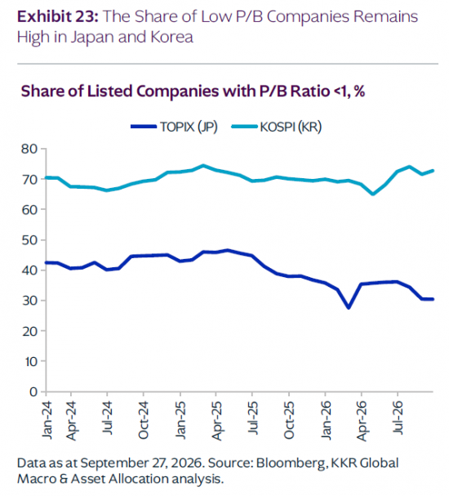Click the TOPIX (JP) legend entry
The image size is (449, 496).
point(175,127)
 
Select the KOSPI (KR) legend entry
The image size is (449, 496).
point(277,127)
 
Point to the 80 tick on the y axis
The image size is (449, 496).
point(29,149)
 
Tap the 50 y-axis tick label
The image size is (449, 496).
point(29,240)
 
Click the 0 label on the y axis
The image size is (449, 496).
point(33,392)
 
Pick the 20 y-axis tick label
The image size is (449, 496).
point(29,331)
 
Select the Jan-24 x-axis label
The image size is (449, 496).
point(47,420)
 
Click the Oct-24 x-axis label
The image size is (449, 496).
point(144,420)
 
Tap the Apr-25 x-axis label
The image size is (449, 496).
point(217,421)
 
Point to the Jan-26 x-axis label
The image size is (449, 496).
point(326,420)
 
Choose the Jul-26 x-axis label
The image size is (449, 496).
point(398,418)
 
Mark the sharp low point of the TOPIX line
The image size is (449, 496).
point(349,307)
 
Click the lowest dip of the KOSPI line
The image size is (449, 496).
point(373,194)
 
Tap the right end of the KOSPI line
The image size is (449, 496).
point(433,171)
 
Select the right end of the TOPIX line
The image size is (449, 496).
point(433,299)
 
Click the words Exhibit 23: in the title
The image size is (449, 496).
point(58,16)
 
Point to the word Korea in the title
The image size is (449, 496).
point(171,37)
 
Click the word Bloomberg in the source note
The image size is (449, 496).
point(291,464)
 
